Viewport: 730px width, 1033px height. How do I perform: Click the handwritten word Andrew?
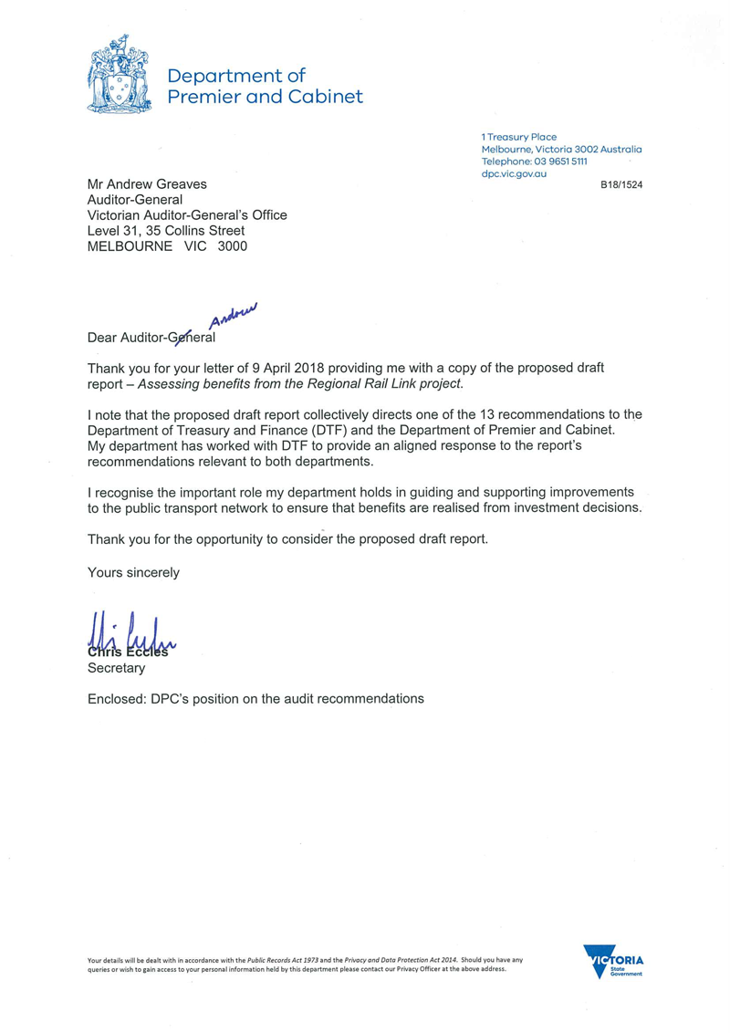click(235, 314)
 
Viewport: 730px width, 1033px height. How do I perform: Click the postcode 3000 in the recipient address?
click(232, 245)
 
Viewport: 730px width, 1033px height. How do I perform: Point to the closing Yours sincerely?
click(133, 573)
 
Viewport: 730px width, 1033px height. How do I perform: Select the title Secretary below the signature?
click(116, 668)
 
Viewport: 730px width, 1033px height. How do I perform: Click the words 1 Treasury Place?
click(519, 137)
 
